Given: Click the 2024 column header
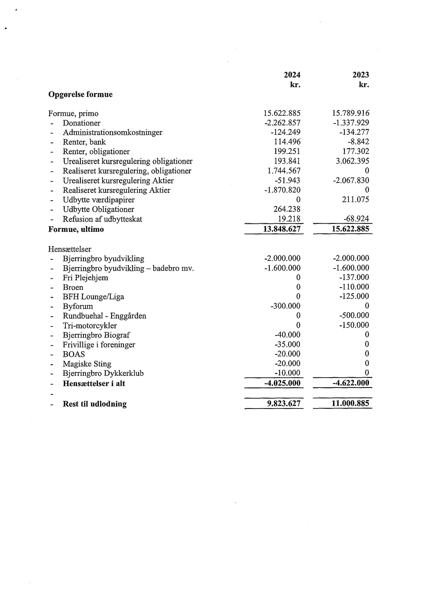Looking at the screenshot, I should point(292,75).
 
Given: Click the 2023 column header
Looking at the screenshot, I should point(361,75).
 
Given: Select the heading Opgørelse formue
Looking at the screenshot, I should point(80,94).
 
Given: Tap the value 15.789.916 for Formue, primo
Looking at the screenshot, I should point(351,113).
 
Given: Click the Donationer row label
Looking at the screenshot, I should point(81,123).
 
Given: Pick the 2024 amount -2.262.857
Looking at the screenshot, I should point(282,123).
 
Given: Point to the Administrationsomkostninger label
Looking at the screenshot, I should point(112,133).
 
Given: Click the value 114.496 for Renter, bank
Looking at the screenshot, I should point(287,142).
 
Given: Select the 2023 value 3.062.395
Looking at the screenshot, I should point(352,161).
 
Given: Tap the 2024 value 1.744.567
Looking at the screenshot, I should point(284,171).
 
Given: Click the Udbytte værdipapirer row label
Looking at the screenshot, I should point(98,200).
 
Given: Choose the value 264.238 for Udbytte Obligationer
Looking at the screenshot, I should point(287,209).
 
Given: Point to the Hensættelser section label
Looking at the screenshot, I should point(69,249).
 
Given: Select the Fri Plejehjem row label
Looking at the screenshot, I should point(85,278).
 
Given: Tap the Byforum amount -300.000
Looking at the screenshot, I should point(285,306).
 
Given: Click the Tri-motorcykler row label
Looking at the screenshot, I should point(90,325).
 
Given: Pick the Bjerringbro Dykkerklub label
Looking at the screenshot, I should point(103,373).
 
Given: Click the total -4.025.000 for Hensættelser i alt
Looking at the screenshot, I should point(282,383).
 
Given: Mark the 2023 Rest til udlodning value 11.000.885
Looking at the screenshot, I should point(350,403).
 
